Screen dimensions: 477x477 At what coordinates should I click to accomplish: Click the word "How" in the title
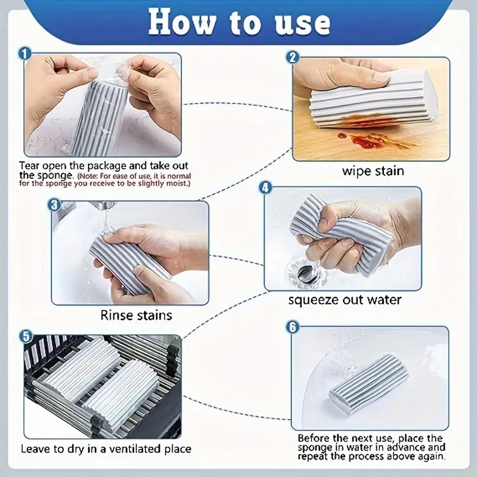pos(182,22)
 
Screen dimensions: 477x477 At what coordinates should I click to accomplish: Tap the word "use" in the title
pos(302,23)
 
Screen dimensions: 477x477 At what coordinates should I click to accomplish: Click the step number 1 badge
pos(25,54)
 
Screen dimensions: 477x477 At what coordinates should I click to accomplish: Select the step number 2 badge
pos(293,57)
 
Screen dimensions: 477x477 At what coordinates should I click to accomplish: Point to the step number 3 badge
pos(54,205)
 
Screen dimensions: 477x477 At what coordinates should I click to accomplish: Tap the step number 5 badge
pos(26,336)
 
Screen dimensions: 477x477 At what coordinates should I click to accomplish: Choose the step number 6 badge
pos(293,327)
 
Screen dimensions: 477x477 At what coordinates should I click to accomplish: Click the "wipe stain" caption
pos(373,171)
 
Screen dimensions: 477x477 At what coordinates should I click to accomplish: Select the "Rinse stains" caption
pos(137,315)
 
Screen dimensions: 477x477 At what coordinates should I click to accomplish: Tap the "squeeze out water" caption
pos(345,301)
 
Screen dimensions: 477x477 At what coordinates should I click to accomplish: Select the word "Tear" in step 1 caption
pos(29,166)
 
